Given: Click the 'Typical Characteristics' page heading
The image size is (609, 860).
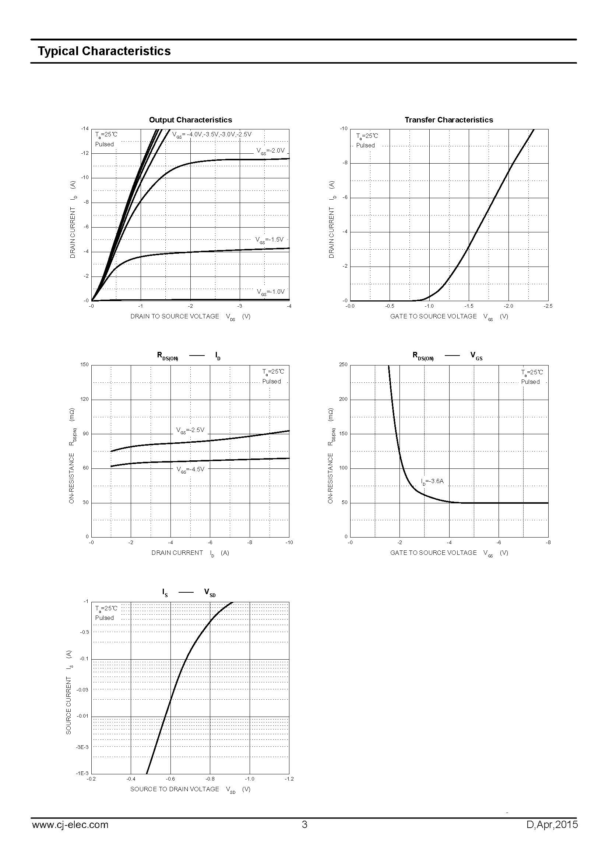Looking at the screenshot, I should (x=104, y=51).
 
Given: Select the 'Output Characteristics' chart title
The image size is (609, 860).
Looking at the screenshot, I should (x=190, y=120).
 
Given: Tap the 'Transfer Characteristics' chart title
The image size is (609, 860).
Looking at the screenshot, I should (x=448, y=120).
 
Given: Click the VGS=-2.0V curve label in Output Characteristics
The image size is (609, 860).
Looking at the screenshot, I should (x=270, y=151).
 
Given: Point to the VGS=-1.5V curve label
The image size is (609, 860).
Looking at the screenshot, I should (x=269, y=240).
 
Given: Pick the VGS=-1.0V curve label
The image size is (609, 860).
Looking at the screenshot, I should (x=270, y=292).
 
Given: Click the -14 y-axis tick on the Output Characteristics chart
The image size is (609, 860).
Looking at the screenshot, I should (x=85, y=129).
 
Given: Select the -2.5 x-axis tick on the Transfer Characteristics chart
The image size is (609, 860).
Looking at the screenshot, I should (x=548, y=306).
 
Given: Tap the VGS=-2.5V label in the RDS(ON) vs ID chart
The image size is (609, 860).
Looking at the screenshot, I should (x=190, y=430).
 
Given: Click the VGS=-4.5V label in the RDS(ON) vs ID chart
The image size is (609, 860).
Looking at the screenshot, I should (x=190, y=469).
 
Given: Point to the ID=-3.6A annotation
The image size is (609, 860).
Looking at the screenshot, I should (x=432, y=481).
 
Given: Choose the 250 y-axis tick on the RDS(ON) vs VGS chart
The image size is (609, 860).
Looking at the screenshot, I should (x=343, y=364).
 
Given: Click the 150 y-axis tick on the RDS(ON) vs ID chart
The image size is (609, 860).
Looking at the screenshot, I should (x=84, y=364).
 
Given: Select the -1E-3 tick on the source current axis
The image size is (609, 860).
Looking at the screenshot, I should (x=82, y=773).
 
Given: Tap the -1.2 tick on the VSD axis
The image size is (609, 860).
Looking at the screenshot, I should (x=289, y=779).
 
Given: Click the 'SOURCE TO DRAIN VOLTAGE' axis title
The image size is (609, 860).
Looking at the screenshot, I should (x=175, y=789).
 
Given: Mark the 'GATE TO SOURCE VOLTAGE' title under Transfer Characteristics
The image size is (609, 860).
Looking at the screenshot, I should (x=433, y=317).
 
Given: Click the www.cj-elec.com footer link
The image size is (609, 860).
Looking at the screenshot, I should (x=70, y=825).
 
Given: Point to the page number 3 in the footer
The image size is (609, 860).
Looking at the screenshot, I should (x=304, y=825).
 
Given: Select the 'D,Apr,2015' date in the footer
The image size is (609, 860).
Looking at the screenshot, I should (x=552, y=825).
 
